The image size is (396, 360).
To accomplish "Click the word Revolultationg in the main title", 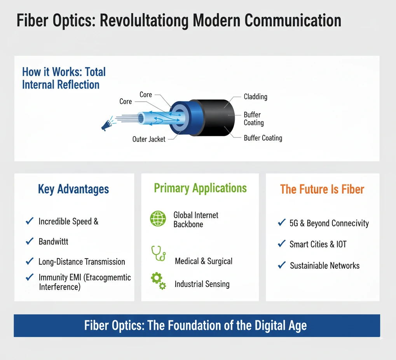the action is [144, 21].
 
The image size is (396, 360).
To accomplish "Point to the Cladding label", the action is [255, 97].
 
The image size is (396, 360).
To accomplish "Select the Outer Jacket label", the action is [149, 139].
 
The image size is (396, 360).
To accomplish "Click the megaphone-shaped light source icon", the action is [107, 124].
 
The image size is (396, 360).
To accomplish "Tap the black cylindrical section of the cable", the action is [215, 117].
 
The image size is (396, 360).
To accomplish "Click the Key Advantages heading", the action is [73, 189].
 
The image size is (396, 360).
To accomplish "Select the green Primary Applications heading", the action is [200, 188].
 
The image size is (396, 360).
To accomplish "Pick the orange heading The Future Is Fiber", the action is [322, 190].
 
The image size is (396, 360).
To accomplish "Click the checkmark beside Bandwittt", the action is [30, 241].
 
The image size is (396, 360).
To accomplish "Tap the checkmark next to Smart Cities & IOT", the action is [282, 243].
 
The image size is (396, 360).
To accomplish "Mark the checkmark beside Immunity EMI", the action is [30, 277].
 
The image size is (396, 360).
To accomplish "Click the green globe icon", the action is [158, 219].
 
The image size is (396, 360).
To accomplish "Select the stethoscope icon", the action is [158, 253].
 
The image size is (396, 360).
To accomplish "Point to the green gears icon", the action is [158, 281].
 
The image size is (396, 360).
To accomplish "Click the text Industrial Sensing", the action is [202, 284].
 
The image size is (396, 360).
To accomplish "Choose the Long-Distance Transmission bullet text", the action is [82, 261].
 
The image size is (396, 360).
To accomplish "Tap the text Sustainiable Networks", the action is [324, 266].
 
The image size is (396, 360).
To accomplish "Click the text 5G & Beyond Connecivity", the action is [329, 223].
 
